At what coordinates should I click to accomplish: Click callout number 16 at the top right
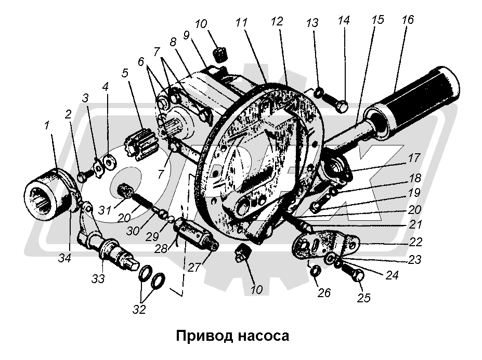point(407,21)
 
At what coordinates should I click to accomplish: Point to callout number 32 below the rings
point(139,309)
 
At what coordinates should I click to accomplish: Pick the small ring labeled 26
point(314,271)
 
